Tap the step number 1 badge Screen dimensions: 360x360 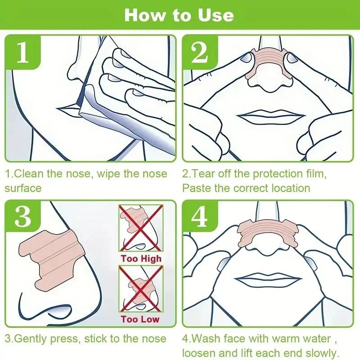tap(23, 53)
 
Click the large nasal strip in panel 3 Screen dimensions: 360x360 tap(54, 256)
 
